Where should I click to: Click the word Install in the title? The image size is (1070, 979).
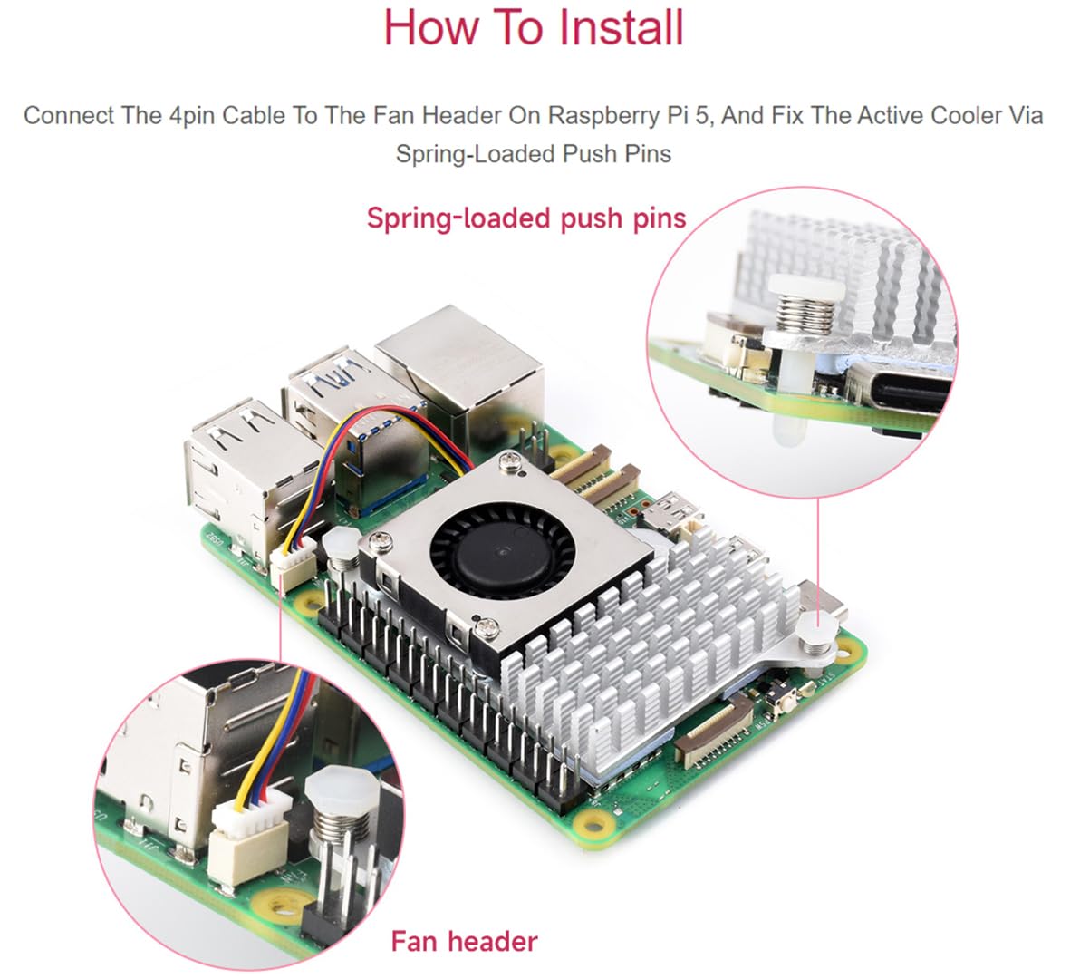621,27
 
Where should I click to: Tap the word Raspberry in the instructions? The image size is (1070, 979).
602,116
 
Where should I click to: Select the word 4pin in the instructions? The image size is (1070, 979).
191,116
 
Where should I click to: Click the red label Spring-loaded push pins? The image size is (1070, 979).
526,218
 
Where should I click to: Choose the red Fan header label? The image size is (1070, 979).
464,941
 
